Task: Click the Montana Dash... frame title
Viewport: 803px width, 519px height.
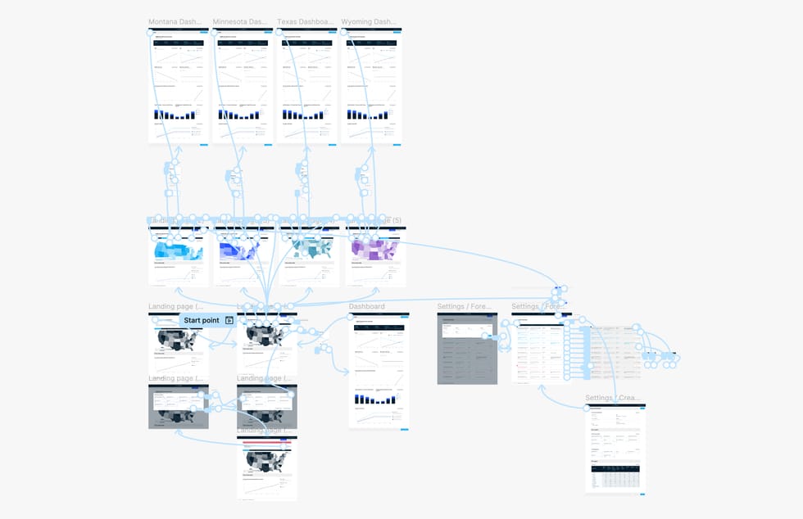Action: coord(177,22)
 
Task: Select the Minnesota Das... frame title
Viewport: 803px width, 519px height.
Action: coord(241,22)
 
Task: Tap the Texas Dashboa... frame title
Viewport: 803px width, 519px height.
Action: coord(305,22)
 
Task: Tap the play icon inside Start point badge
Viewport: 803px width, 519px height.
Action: coord(229,320)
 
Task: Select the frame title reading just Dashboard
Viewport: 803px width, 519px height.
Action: coord(366,306)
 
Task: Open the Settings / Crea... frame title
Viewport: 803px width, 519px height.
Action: coord(613,398)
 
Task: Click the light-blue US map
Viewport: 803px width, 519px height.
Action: coord(178,250)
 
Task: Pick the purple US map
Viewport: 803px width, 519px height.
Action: coord(374,249)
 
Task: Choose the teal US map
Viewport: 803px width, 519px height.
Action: coord(310,249)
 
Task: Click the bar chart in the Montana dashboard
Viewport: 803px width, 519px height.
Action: coord(175,115)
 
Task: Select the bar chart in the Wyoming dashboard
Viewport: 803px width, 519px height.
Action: coord(368,115)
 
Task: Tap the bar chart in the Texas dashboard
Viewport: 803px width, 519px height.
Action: coord(304,115)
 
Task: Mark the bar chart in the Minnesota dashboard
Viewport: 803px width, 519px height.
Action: coord(239,115)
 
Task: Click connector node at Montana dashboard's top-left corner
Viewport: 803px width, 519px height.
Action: coord(151,33)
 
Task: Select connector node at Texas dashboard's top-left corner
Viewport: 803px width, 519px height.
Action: coord(279,33)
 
